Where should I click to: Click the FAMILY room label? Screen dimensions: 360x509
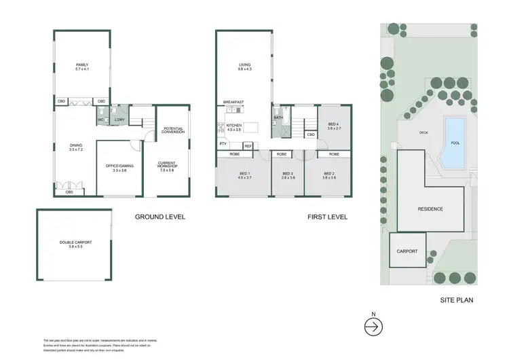[x=82, y=66]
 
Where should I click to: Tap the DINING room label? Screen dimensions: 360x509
[x=77, y=146]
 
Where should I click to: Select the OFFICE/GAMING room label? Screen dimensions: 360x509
[x=119, y=166]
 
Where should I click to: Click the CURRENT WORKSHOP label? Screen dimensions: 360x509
[x=167, y=165]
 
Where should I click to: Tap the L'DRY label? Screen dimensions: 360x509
[x=119, y=120]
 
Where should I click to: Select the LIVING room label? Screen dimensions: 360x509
[x=245, y=66]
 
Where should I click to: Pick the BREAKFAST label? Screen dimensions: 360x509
[x=233, y=102]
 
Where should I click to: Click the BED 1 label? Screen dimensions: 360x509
[x=245, y=175]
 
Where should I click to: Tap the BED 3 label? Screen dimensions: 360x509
[x=288, y=175]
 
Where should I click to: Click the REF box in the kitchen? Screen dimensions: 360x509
[x=248, y=146]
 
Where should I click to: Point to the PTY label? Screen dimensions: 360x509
[x=223, y=145]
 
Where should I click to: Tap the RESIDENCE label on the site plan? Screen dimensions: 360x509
[x=430, y=209]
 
